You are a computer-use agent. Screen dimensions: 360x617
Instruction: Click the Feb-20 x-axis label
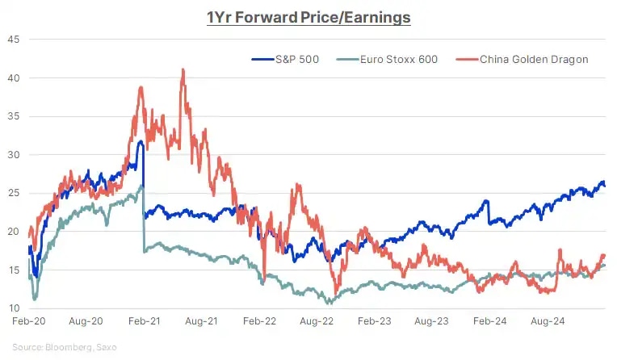[27, 321]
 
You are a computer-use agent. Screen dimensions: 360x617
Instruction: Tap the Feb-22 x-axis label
[259, 321]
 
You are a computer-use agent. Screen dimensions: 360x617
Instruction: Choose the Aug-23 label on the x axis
[431, 321]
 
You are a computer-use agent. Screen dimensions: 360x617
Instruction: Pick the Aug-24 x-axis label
[547, 321]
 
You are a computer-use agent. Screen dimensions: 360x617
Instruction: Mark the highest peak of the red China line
[183, 69]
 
